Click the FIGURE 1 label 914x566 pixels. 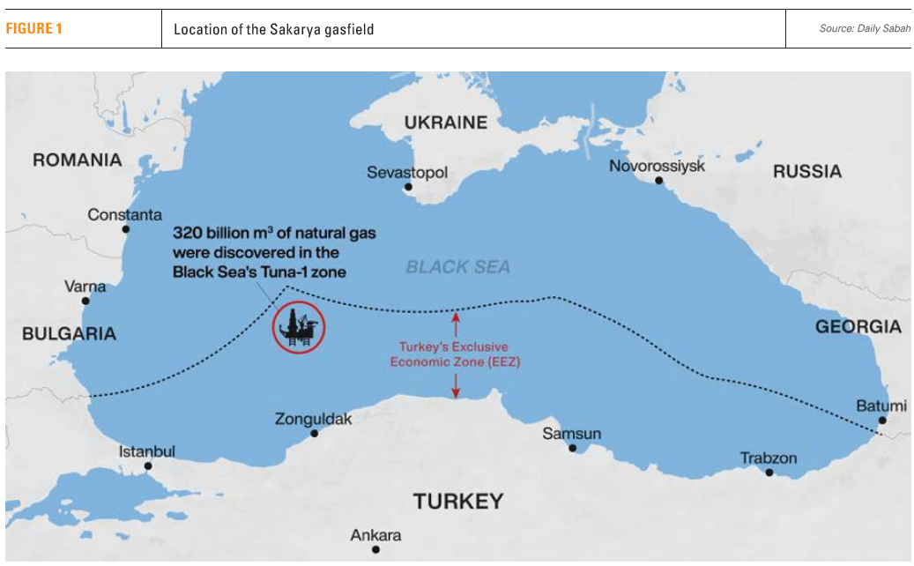[34, 29]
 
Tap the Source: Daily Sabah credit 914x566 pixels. [864, 29]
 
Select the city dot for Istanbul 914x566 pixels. [148, 465]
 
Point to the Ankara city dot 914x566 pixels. [375, 549]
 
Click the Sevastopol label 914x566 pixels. [407, 173]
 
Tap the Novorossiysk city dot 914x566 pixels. [658, 181]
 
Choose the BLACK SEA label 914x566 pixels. [457, 267]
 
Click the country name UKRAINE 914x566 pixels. [445, 123]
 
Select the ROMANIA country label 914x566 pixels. [77, 160]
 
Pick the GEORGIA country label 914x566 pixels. [858, 327]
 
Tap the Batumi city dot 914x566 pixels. [882, 421]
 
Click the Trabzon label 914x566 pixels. [768, 458]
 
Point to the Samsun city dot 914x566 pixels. [572, 448]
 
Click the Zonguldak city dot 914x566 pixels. [315, 433]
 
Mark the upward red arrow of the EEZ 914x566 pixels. [456, 320]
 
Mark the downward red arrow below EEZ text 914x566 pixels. [456, 384]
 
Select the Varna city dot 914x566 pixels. [85, 301]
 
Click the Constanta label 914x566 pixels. [124, 214]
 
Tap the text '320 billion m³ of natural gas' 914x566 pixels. [274, 235]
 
